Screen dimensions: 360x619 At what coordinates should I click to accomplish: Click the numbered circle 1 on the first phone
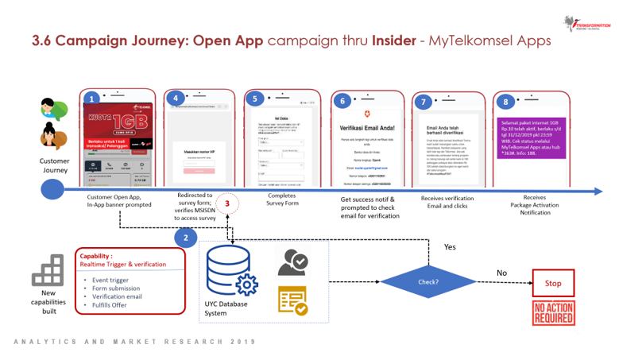(x=93, y=99)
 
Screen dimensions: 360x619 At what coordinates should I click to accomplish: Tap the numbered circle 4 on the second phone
(x=175, y=99)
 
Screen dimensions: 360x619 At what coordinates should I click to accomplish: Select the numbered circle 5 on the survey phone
(x=254, y=99)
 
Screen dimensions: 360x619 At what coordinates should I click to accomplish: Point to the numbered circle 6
(x=342, y=101)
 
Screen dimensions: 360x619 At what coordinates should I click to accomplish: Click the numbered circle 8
(x=505, y=101)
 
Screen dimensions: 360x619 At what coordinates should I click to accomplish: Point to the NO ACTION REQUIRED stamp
(x=553, y=312)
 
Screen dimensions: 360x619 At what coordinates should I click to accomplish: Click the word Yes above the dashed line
(x=449, y=246)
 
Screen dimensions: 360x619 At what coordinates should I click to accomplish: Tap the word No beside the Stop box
(x=501, y=273)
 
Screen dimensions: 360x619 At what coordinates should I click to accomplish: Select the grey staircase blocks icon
(x=48, y=269)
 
